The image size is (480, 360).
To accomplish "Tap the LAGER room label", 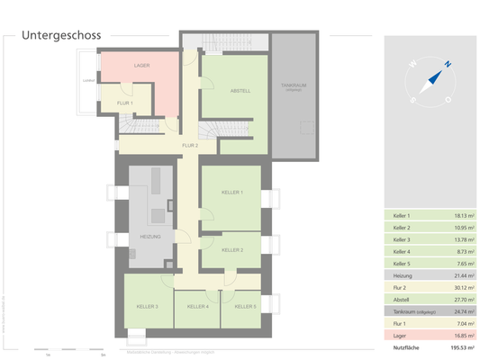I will point(142,66).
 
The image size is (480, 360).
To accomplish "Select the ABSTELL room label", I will point(240,91).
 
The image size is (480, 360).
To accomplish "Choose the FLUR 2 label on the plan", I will point(190,145).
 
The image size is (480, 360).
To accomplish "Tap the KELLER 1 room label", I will point(232,193).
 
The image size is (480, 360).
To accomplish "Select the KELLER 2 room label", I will point(232,250).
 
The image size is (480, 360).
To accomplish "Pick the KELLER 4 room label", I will point(197,306).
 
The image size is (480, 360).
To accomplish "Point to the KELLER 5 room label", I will point(244,306).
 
